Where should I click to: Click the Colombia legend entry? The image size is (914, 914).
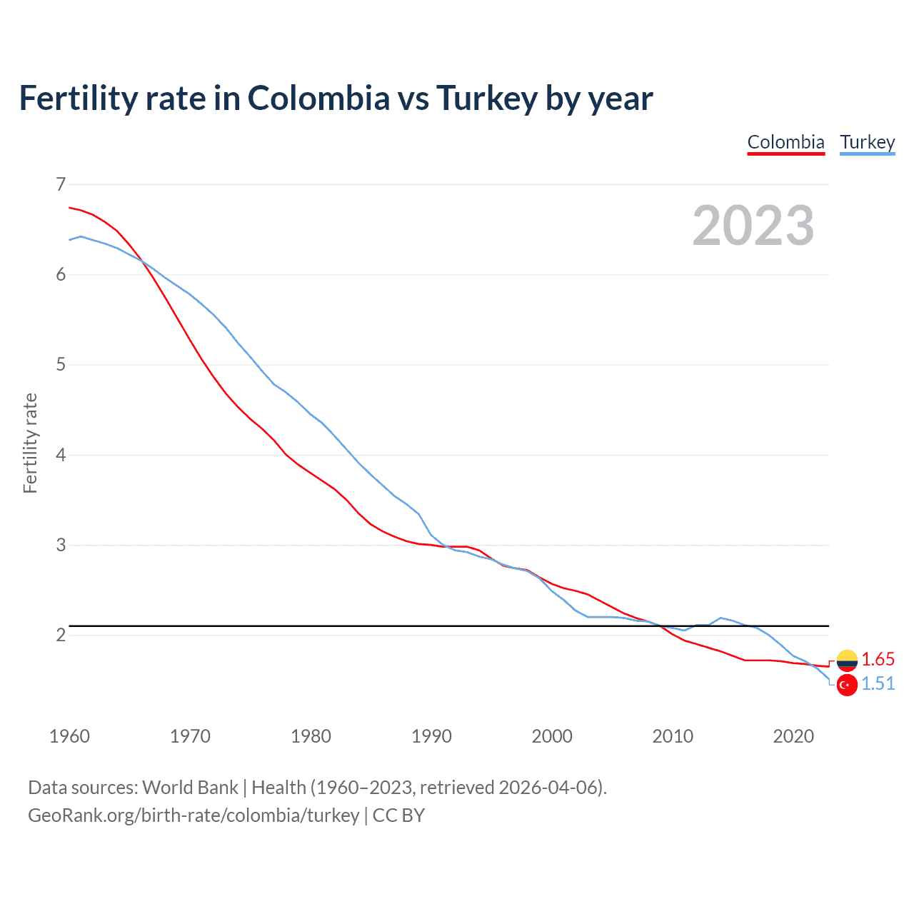pos(785,142)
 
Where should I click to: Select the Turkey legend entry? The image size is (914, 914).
pos(867,142)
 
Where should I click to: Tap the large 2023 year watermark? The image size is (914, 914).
pos(753,226)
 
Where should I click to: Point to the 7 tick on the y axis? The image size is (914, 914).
pos(61,184)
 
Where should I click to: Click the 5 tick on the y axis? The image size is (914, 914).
pos(61,365)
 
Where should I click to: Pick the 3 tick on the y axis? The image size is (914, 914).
pos(61,545)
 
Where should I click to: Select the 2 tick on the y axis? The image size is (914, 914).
pos(61,635)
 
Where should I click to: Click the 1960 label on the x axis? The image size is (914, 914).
pos(69,736)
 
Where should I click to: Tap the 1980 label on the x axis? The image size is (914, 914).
pos(311,736)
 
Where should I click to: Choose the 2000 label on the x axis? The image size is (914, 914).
pos(552,736)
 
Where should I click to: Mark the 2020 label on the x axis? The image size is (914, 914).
pos(793,736)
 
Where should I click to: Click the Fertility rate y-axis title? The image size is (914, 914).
pos(30,443)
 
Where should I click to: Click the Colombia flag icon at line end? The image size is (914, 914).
pos(847,661)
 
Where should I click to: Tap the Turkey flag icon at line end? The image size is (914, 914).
pos(847,685)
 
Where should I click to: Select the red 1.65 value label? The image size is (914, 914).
pos(878,659)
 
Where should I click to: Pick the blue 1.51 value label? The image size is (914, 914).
pos(878,684)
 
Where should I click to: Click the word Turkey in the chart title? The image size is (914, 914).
pos(486,99)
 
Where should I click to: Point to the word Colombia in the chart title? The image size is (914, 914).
pos(318,99)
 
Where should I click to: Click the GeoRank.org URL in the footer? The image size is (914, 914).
pos(194,815)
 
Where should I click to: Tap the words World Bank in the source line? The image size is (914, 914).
pos(190,788)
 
